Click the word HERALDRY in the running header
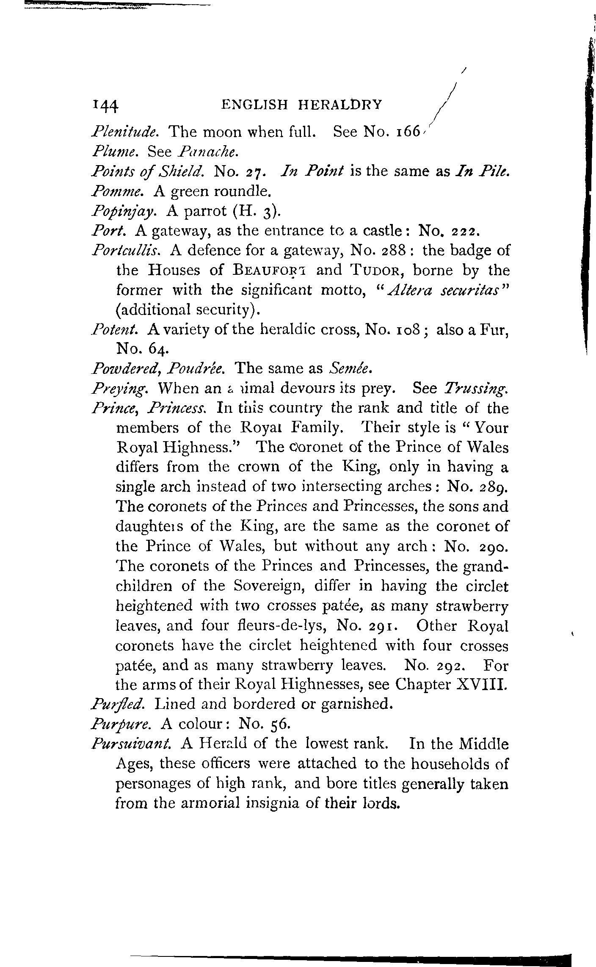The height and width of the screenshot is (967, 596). click(340, 104)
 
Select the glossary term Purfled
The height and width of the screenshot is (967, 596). click(119, 704)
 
